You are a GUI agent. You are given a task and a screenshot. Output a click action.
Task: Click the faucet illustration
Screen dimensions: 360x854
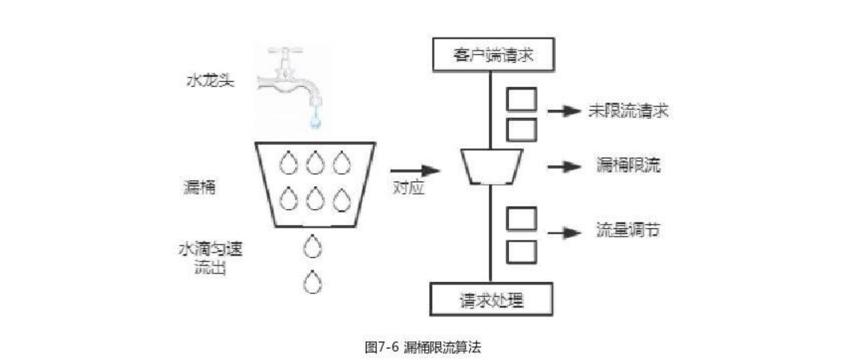click(x=289, y=78)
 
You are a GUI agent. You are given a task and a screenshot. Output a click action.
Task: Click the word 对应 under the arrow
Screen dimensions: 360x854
click(x=409, y=188)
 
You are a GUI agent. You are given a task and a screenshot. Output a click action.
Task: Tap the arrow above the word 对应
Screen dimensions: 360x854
click(x=415, y=169)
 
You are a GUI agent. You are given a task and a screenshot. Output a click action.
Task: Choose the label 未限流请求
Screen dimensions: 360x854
click(x=628, y=111)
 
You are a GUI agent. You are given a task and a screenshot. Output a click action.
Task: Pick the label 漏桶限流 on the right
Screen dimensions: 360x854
click(x=628, y=166)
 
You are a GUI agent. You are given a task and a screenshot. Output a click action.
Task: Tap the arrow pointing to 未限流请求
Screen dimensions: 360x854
click(x=564, y=112)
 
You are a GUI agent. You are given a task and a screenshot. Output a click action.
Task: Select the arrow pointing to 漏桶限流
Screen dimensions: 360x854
click(x=564, y=166)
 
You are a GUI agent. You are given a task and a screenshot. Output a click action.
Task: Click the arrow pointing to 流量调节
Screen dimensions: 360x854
click(x=564, y=232)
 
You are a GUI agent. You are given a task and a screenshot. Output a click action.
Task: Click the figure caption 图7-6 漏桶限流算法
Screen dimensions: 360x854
click(x=423, y=348)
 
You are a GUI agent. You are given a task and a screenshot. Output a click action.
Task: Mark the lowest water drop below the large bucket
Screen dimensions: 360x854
click(x=313, y=282)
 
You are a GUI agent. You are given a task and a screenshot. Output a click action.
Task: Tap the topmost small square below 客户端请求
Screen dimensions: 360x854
click(x=521, y=99)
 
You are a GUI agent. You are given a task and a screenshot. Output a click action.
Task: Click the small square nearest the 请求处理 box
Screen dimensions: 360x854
click(x=521, y=251)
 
